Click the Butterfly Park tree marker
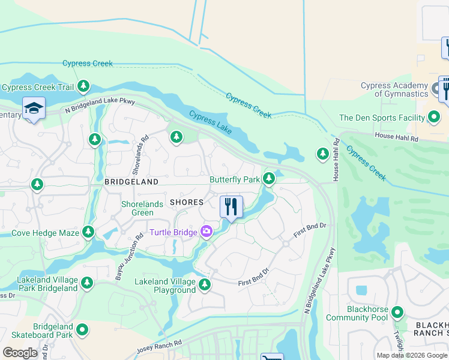(269, 178)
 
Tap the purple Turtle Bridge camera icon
(206, 232)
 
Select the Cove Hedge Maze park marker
(88, 232)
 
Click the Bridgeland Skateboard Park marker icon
(82, 329)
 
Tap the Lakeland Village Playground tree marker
(205, 284)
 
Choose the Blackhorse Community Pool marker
(397, 312)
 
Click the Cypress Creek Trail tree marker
(83, 87)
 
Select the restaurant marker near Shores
(231, 206)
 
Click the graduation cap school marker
(34, 109)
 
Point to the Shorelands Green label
(142, 208)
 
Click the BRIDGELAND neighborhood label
(131, 181)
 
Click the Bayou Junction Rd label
(127, 256)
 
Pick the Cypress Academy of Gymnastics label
(394, 89)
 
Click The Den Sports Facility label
(382, 118)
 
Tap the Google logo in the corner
(20, 352)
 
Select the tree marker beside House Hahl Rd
(322, 154)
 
